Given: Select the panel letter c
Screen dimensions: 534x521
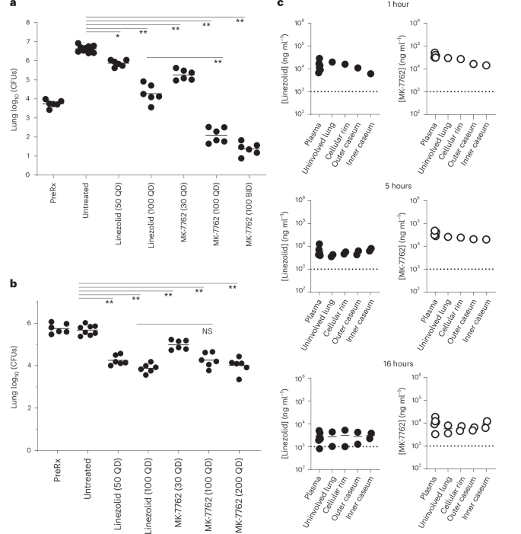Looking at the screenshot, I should point(281,5).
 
